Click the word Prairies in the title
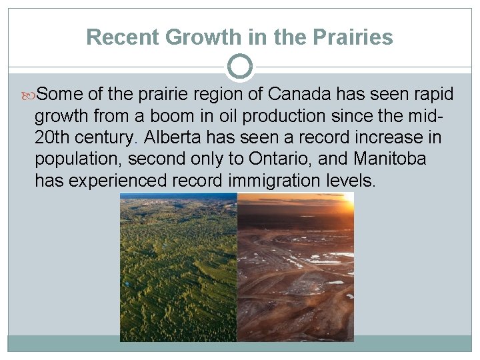(x=356, y=37)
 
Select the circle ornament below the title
(x=240, y=67)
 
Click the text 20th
(x=53, y=138)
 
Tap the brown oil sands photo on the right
(x=295, y=287)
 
